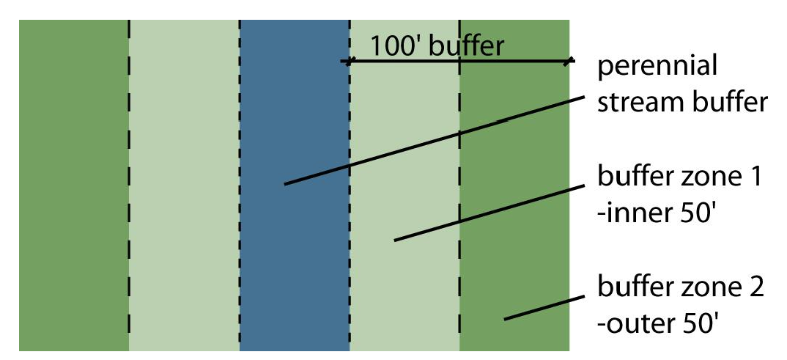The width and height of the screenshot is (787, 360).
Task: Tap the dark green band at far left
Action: click(x=73, y=183)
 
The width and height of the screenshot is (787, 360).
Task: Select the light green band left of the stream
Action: click(x=184, y=183)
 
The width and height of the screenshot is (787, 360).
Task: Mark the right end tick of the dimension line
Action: click(x=568, y=62)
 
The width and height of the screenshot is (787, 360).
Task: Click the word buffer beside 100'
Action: click(x=466, y=46)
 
